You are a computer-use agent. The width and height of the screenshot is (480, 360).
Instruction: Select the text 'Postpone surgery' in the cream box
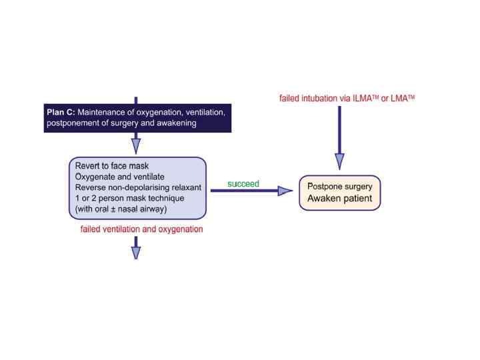[339, 185]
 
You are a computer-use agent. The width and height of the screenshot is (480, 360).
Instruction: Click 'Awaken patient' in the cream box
[339, 199]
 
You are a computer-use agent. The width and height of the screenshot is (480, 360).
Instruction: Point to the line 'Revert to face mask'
[113, 165]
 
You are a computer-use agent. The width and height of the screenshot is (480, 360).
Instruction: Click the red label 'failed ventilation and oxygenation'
[141, 229]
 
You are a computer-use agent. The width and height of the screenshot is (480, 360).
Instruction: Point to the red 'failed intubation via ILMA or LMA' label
[347, 99]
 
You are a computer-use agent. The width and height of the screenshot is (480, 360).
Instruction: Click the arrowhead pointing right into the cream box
[285, 191]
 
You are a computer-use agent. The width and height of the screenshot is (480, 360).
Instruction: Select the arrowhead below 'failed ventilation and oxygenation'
[136, 251]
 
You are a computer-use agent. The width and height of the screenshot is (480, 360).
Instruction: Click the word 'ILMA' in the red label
[372, 99]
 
